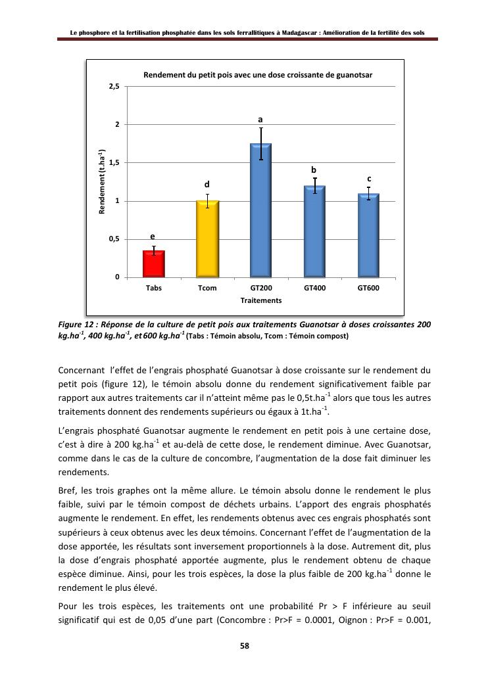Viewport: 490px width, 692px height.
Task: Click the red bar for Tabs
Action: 154,264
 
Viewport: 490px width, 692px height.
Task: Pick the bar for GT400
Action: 314,231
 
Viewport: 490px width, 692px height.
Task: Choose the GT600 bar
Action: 368,235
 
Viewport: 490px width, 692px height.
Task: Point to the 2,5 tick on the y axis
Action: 114,87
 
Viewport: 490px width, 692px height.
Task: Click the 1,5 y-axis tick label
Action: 114,163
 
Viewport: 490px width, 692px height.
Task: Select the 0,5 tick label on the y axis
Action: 114,239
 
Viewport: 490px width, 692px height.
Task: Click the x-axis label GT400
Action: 314,288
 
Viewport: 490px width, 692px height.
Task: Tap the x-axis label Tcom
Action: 207,288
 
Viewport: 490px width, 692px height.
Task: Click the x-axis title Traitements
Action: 261,300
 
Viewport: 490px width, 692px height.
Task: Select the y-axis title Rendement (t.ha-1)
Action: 102,182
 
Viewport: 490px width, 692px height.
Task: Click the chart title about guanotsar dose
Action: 258,75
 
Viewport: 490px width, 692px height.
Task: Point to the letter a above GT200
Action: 260,120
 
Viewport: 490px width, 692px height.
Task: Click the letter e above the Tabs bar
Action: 153,236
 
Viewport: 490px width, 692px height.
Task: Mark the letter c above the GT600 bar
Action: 369,179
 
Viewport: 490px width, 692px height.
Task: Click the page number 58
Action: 245,646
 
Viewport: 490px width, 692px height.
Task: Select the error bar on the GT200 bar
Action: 261,144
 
